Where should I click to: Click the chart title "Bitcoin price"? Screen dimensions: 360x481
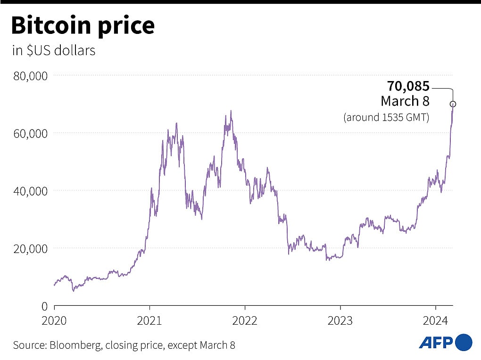pyautogui.click(x=83, y=26)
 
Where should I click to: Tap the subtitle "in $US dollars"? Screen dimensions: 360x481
pyautogui.click(x=54, y=50)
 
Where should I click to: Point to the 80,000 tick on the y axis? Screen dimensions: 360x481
pyautogui.click(x=30, y=75)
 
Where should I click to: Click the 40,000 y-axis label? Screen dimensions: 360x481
pyautogui.click(x=30, y=191)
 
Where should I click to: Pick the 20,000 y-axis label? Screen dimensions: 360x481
pyautogui.click(x=30, y=248)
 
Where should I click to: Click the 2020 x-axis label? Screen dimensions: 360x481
pyautogui.click(x=54, y=320)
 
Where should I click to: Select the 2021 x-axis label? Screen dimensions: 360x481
pyautogui.click(x=149, y=320)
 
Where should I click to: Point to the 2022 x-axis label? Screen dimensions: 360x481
pyautogui.click(x=245, y=320)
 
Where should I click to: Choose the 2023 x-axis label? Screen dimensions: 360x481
pyautogui.click(x=340, y=320)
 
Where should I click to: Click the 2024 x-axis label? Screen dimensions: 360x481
pyautogui.click(x=435, y=320)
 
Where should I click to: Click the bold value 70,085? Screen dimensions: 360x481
pyautogui.click(x=408, y=86)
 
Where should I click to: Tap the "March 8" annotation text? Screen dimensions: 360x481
pyautogui.click(x=405, y=101)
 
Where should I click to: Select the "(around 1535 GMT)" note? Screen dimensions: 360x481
pyautogui.click(x=386, y=117)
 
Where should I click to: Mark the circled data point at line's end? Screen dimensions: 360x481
pyautogui.click(x=453, y=104)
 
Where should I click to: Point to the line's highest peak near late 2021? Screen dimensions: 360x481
pyautogui.click(x=231, y=111)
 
